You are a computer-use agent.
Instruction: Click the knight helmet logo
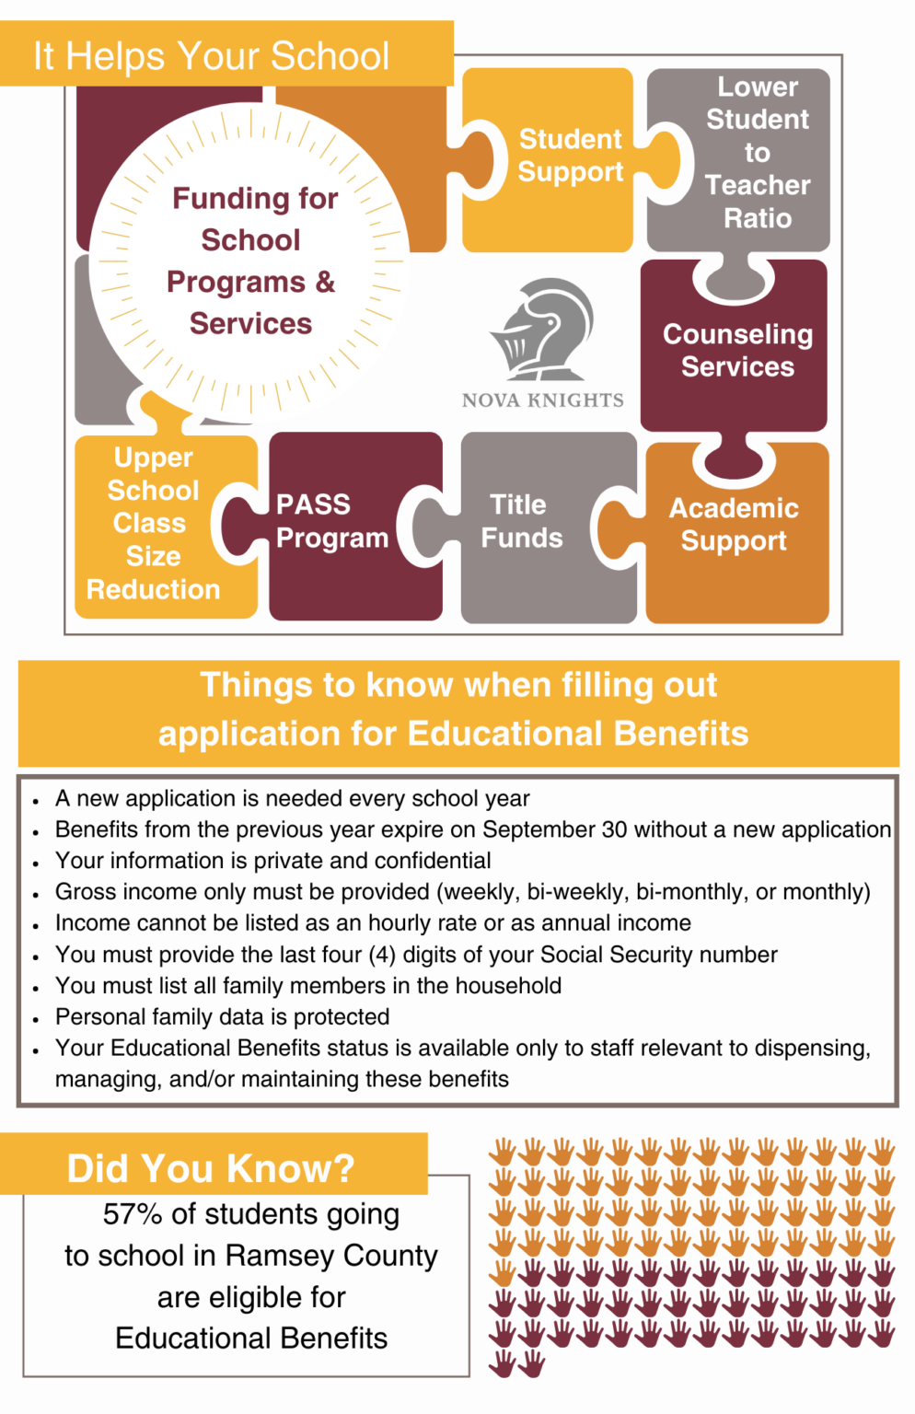542,329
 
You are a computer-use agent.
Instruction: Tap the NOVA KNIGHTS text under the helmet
542,400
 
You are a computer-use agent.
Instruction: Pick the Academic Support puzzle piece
734,524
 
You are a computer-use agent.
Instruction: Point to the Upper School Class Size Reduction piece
153,523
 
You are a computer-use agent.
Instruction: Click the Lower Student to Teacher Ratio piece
758,153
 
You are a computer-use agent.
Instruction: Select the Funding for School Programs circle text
251,261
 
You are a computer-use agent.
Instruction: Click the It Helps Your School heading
212,56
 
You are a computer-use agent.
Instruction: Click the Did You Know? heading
211,1168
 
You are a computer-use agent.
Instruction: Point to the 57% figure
133,1214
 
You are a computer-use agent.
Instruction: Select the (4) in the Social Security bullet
382,955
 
